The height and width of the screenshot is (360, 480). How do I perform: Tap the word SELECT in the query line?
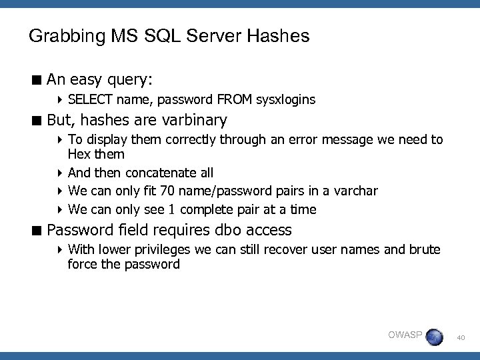coord(91,100)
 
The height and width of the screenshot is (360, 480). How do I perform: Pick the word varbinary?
coord(194,121)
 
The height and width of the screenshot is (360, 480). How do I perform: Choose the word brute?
coord(423,250)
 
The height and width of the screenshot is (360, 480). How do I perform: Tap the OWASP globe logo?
coord(434,337)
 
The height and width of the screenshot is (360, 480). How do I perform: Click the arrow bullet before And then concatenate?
coord(60,173)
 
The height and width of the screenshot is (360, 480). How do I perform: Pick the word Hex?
coord(79,155)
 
